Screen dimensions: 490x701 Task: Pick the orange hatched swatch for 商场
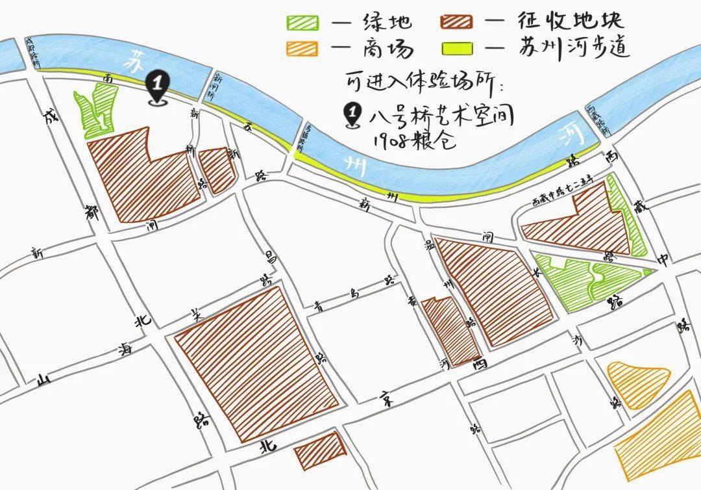click(304, 49)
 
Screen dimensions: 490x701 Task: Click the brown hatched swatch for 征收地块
click(456, 23)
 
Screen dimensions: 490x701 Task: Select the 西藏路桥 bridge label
click(598, 120)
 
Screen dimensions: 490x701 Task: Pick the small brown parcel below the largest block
click(319, 448)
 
